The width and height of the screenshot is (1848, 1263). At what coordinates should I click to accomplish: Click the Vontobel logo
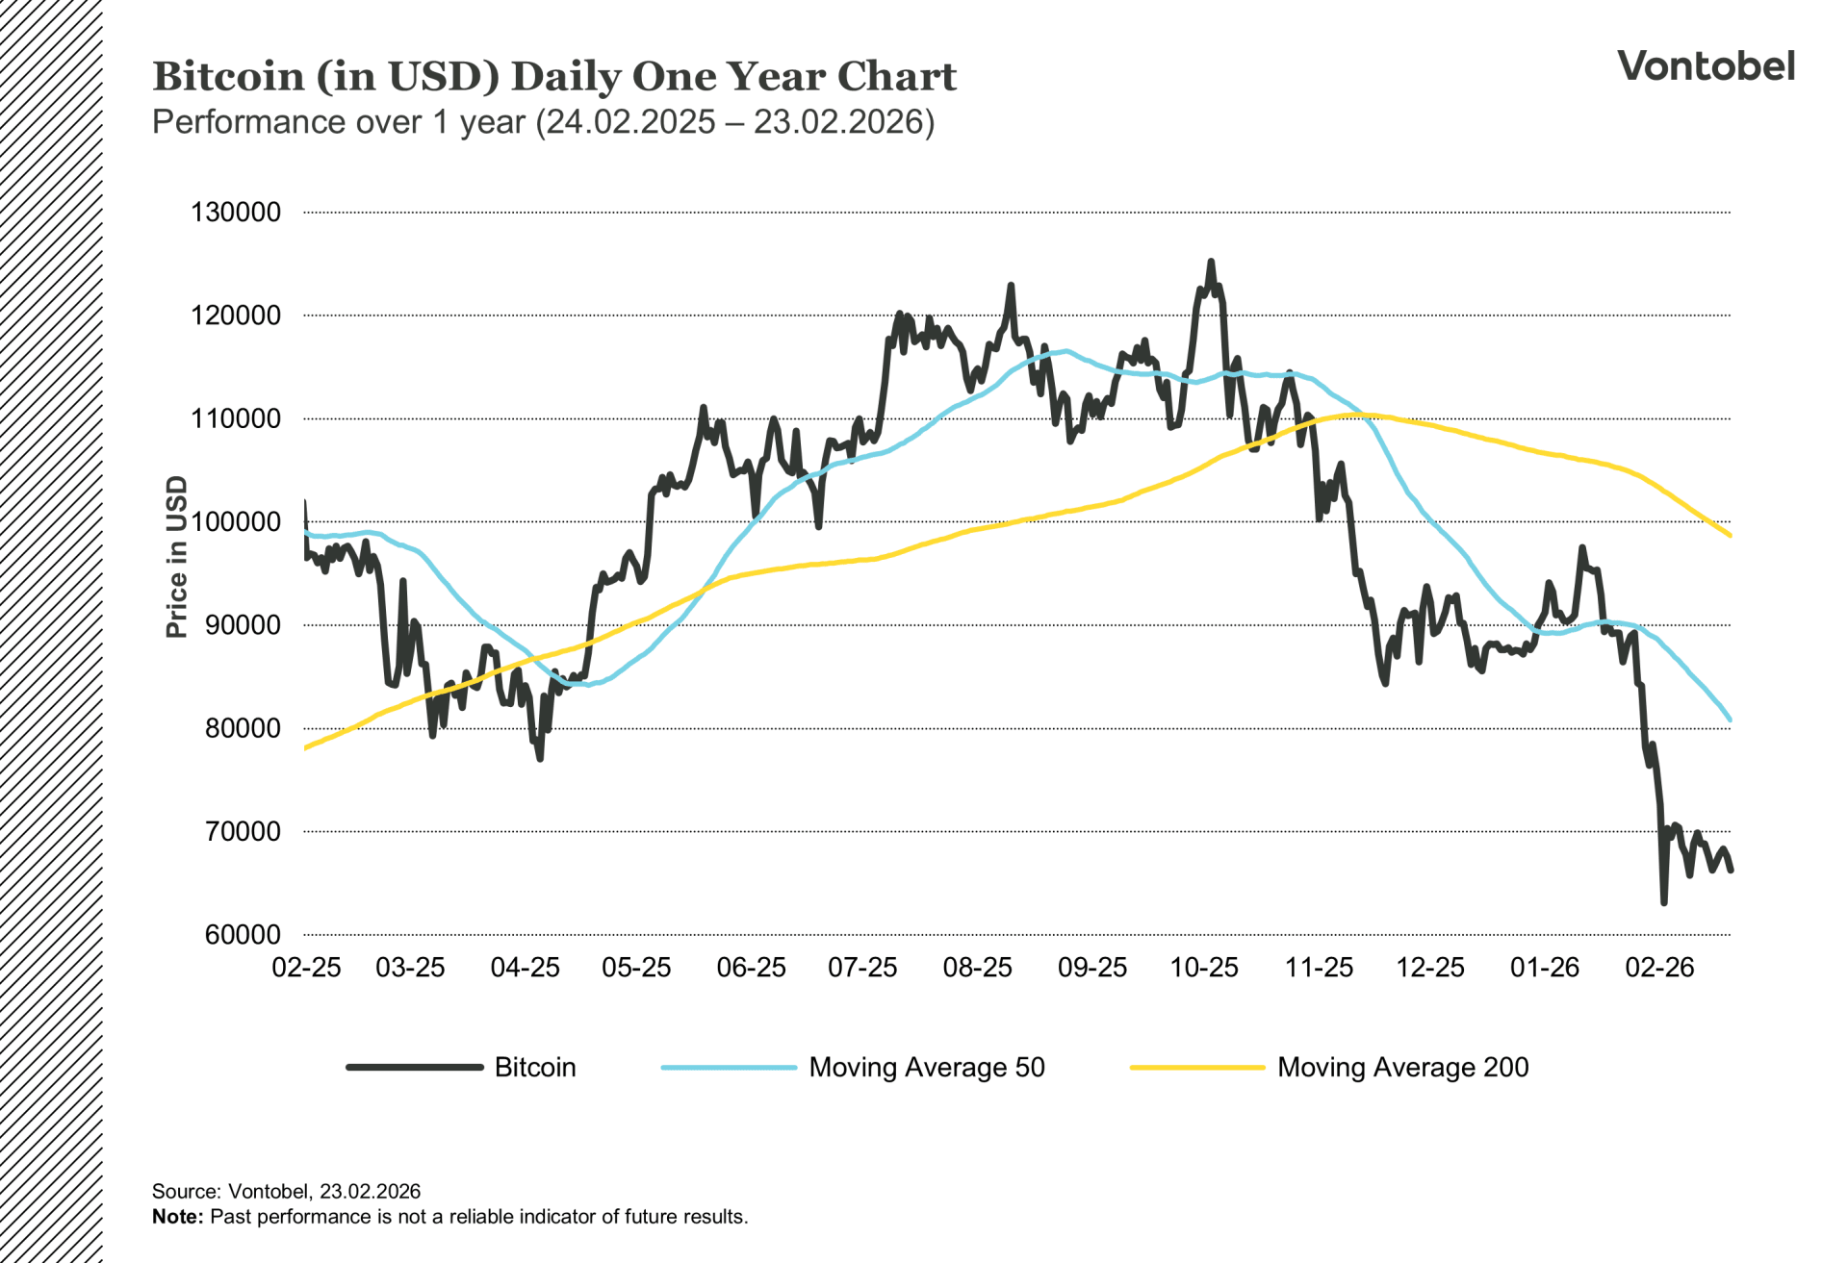1706,66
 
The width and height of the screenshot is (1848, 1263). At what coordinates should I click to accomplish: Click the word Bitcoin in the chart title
228,77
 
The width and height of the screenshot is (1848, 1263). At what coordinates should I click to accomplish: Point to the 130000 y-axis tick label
236,213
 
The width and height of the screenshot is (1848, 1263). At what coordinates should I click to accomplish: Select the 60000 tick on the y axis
243,935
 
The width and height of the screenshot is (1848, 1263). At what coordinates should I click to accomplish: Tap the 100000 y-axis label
236,522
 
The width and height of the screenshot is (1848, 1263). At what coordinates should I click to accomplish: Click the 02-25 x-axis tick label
306,968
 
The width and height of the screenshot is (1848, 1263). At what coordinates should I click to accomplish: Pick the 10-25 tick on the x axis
1204,968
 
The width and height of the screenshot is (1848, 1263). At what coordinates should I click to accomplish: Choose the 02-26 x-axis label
1659,968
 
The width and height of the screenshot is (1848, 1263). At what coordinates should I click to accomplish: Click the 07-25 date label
862,968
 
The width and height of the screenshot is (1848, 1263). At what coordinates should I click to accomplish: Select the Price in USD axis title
176,557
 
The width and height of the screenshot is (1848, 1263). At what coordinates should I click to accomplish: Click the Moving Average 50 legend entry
926,1068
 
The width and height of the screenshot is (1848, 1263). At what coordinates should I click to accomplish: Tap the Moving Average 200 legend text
1402,1068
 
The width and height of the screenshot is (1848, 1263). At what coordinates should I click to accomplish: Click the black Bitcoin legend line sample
415,1067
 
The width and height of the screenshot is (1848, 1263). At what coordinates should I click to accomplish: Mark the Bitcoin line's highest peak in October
1211,262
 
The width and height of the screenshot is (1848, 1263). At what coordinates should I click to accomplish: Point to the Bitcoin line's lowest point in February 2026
1664,902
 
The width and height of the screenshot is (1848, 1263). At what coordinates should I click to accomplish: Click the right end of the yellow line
1730,535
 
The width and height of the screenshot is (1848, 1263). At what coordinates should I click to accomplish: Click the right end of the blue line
1730,719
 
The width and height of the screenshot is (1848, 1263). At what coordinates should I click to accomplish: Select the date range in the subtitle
734,123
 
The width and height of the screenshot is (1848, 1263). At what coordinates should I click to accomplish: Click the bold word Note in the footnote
177,1217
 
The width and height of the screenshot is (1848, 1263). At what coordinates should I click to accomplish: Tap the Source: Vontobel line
286,1192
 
